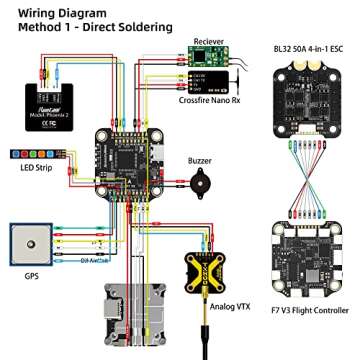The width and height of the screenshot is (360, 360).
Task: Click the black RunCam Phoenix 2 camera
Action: point(45,96)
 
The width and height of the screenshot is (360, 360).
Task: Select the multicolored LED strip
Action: point(32,154)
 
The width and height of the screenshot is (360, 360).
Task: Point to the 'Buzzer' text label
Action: point(201,160)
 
